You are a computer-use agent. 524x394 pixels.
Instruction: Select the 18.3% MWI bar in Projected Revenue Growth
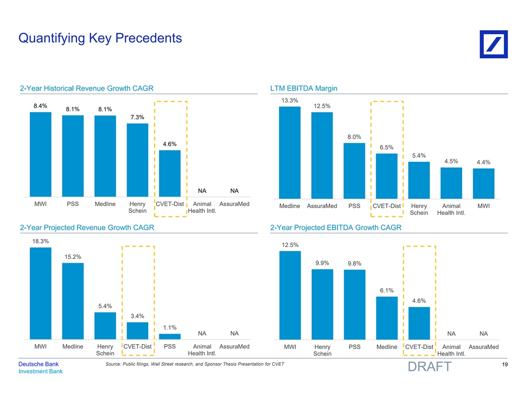click(x=41, y=293)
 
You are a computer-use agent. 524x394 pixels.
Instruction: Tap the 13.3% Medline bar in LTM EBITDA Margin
click(x=290, y=152)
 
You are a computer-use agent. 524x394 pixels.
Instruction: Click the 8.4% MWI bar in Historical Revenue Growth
click(x=41, y=154)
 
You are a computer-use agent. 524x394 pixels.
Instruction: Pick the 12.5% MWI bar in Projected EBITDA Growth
click(x=290, y=295)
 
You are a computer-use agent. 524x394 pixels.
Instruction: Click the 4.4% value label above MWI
click(x=483, y=162)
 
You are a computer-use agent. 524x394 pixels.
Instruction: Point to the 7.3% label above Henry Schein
click(x=137, y=117)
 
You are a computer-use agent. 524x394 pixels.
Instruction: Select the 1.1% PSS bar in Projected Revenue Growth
click(x=170, y=337)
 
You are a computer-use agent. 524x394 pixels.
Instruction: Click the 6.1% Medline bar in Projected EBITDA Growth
click(x=387, y=318)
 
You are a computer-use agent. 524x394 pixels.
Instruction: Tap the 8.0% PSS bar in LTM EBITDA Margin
click(x=354, y=171)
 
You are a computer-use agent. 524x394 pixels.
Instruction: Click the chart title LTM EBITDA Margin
click(x=304, y=89)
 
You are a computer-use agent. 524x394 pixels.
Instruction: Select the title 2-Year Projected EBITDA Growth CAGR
click(x=336, y=228)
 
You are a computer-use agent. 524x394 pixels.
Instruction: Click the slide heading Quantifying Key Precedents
click(x=100, y=38)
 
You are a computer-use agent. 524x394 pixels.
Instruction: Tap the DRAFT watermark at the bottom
click(x=429, y=367)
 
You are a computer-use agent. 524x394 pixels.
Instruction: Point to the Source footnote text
click(x=195, y=364)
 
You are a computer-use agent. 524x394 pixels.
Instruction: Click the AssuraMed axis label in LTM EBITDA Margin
click(x=322, y=206)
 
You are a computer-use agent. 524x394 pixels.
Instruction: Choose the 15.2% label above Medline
click(x=73, y=256)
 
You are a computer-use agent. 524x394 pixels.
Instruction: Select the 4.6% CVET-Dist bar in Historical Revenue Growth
click(x=170, y=173)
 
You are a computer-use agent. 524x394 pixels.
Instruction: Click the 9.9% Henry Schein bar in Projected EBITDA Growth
click(x=322, y=304)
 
